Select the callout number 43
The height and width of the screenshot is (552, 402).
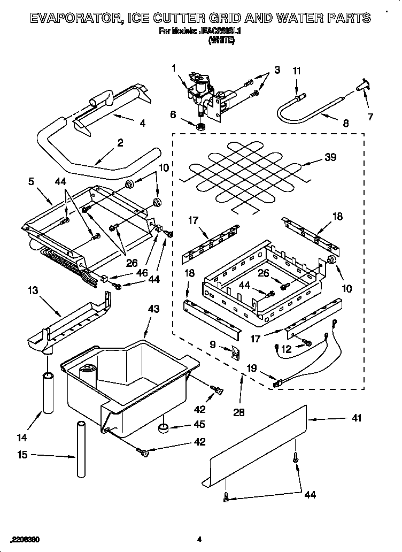coord(154,309)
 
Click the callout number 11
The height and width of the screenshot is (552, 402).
coord(297,70)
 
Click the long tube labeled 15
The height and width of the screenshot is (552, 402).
coord(81,450)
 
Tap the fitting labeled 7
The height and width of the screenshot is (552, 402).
coord(364,85)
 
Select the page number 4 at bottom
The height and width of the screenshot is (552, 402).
coord(199,539)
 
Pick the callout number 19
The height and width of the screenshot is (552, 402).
coord(252,368)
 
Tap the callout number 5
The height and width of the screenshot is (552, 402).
coord(30,181)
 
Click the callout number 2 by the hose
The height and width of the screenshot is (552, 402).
coord(120,143)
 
